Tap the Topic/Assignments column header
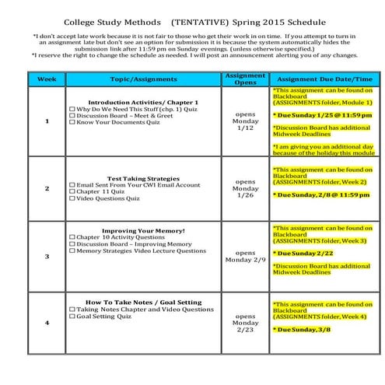(x=144, y=79)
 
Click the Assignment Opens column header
(x=244, y=79)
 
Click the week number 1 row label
(x=47, y=121)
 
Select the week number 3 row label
(x=47, y=255)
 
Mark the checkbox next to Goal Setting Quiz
(x=73, y=317)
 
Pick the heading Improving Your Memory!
(x=143, y=231)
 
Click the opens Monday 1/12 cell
(x=244, y=121)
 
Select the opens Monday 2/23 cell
(x=244, y=323)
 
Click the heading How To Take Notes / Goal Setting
(x=143, y=302)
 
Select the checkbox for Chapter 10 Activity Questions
(x=73, y=238)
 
